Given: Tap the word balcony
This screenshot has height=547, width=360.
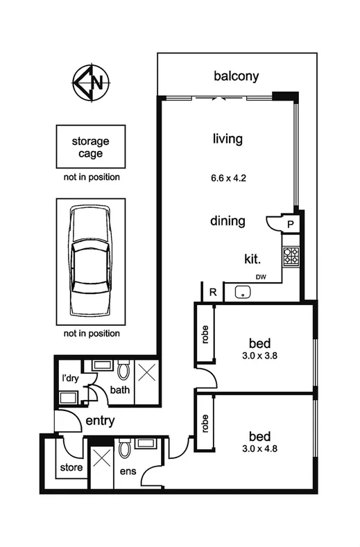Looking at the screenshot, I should click(237, 76).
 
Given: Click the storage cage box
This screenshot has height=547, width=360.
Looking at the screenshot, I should click(90, 147).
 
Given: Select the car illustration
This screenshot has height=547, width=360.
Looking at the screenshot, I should click(90, 261).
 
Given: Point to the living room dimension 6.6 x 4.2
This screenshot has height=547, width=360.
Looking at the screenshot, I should click(228, 177).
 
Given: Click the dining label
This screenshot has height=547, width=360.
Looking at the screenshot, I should click(228, 221).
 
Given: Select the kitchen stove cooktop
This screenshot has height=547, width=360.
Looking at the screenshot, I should click(291, 257).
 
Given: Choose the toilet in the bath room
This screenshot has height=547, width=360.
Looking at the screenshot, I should click(123, 372).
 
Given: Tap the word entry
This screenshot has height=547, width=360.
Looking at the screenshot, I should click(100, 421).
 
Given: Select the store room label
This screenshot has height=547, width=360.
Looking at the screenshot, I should click(70, 467).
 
